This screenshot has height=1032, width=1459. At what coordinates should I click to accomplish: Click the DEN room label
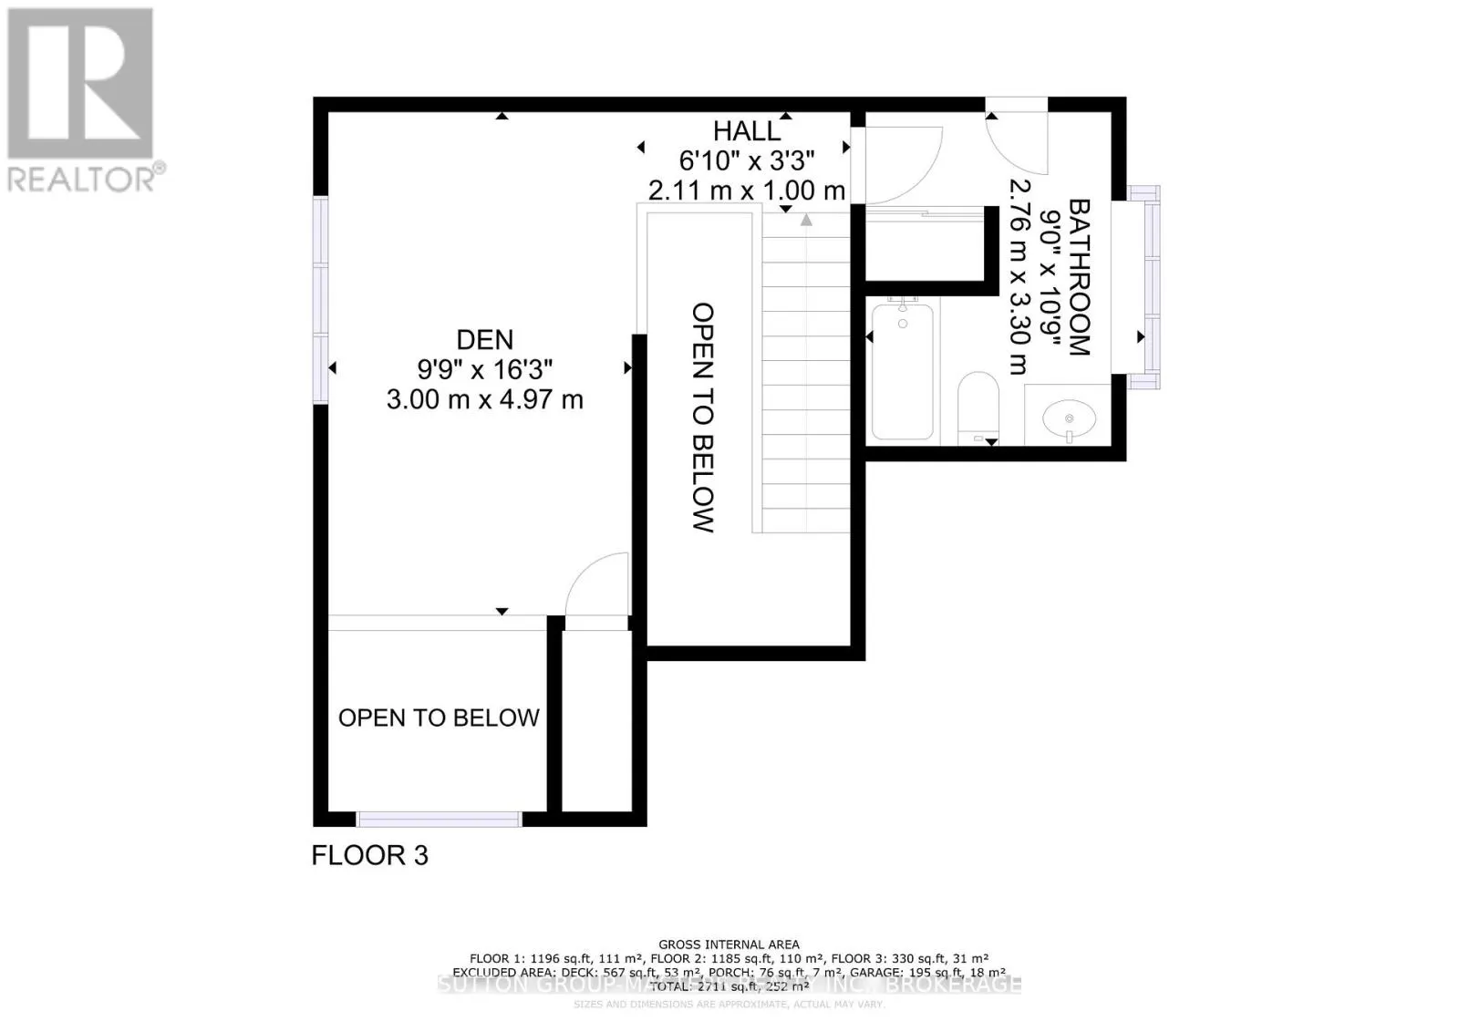click(484, 340)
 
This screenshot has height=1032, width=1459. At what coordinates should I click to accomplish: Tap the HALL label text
click(747, 131)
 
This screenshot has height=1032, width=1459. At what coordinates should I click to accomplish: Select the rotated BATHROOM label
click(1079, 277)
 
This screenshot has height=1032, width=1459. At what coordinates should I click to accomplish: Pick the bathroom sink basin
click(1069, 419)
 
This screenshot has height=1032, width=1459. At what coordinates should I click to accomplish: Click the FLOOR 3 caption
click(369, 855)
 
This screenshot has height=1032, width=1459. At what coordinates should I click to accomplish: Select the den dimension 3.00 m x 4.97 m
click(484, 399)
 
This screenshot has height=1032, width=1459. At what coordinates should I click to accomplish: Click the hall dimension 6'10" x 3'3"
click(747, 160)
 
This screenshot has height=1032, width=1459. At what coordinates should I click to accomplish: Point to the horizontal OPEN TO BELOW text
click(439, 718)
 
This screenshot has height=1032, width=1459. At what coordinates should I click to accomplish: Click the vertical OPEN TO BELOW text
click(702, 417)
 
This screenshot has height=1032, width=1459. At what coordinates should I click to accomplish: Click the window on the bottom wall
click(439, 819)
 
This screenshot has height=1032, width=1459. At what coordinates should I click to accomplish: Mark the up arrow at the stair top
click(806, 220)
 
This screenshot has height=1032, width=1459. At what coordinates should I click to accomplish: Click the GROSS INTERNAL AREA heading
click(729, 944)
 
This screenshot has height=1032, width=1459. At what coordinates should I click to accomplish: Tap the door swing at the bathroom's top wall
click(1016, 141)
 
